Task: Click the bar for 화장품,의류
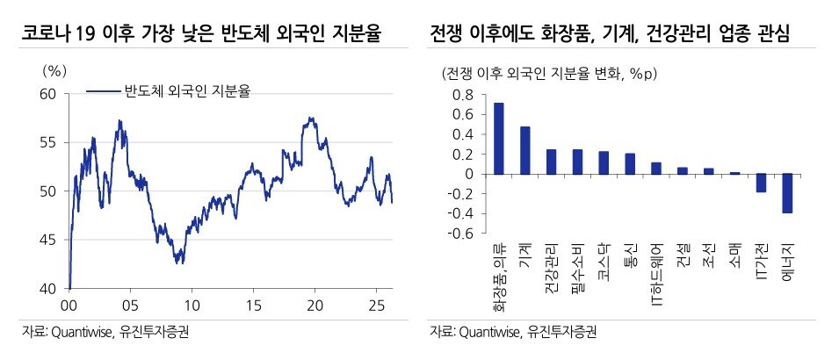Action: (x=499, y=139)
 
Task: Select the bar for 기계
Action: (x=524, y=150)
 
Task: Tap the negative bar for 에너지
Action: (x=787, y=193)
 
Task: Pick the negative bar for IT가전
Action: (x=761, y=183)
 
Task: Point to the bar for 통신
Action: (x=630, y=164)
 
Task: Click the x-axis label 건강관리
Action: (x=551, y=266)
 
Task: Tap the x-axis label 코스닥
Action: (x=604, y=261)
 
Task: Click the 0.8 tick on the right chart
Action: (x=464, y=94)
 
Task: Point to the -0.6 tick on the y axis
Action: (x=462, y=234)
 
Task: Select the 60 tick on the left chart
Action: (x=47, y=94)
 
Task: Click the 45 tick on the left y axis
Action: (x=47, y=240)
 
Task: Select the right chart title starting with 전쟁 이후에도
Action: (x=610, y=34)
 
